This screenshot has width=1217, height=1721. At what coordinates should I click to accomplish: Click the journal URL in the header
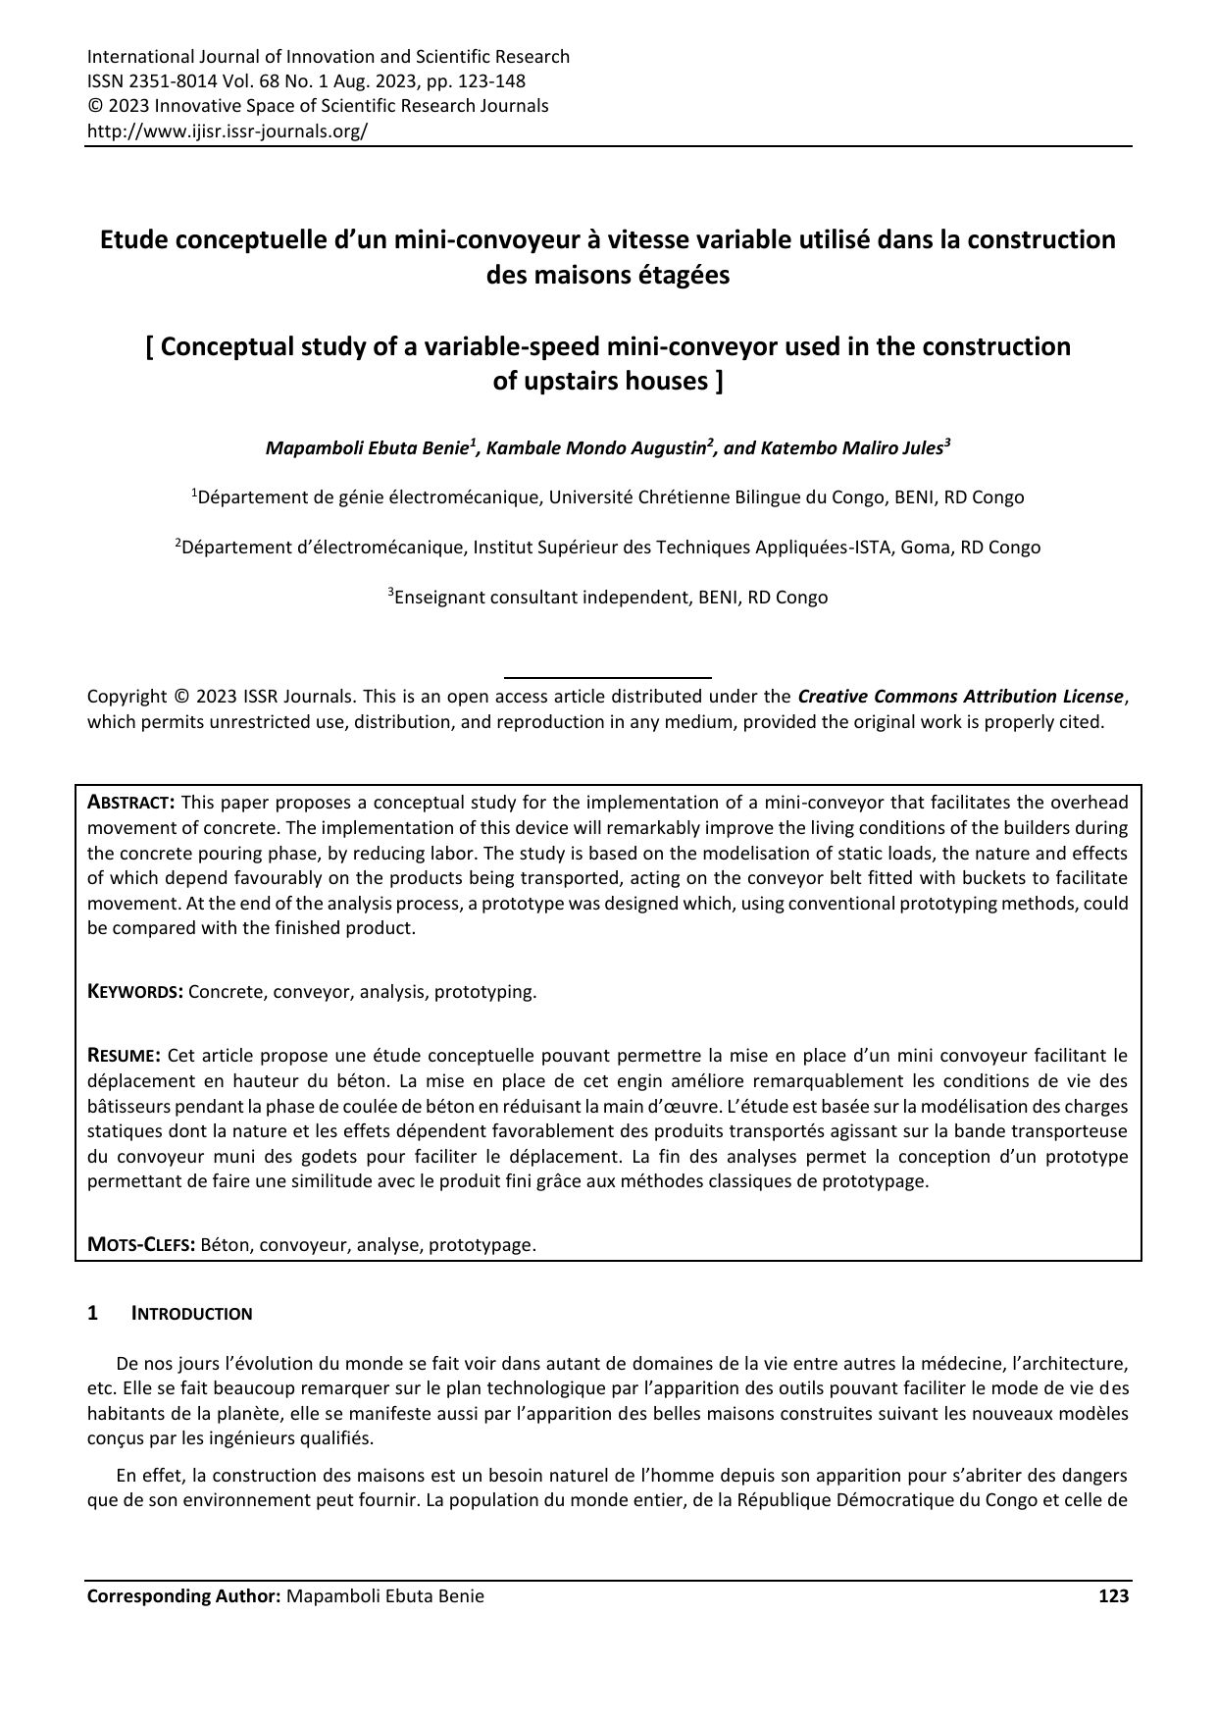228,130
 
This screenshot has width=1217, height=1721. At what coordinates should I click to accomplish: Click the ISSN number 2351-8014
167,81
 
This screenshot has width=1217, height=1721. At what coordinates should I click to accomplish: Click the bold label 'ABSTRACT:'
131,803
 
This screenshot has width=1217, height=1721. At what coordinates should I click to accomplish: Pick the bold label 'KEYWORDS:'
135,992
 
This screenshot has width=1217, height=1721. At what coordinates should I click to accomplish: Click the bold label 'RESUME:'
124,1056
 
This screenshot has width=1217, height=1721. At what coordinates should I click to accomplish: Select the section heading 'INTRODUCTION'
192,1314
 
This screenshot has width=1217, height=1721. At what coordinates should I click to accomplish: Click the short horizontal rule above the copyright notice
607,677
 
